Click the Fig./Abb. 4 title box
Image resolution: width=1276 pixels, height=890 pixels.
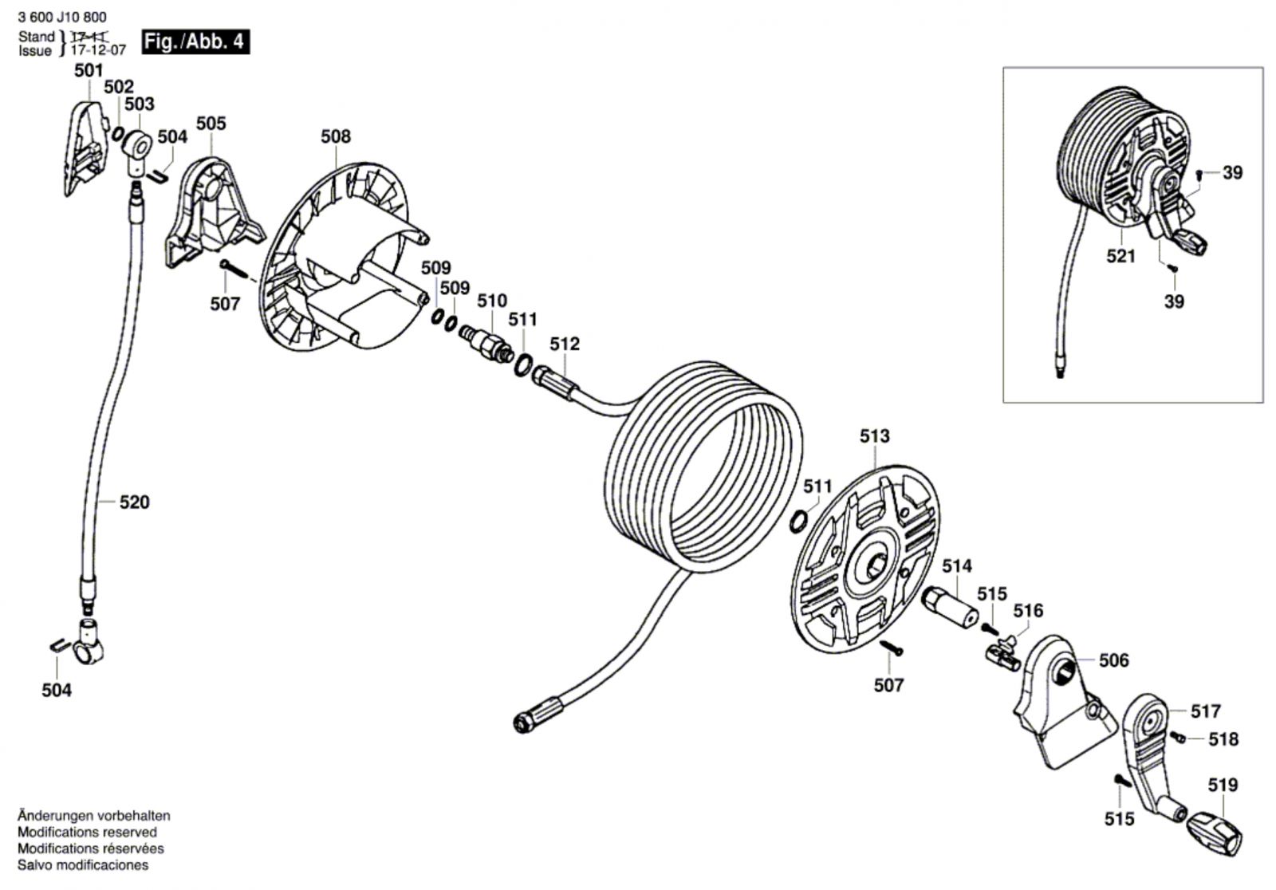click(x=195, y=41)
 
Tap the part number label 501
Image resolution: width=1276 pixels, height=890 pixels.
click(x=89, y=71)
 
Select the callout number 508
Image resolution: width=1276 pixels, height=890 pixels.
click(x=336, y=136)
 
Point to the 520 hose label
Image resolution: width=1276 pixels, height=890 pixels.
click(x=135, y=502)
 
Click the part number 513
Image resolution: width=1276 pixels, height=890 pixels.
click(x=874, y=436)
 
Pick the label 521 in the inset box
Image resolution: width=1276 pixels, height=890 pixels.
click(x=1121, y=257)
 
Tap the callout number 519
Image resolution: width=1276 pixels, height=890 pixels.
click(x=1223, y=786)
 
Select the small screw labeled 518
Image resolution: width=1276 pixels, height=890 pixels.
click(x=1178, y=738)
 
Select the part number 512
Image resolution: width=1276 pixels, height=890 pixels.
click(x=565, y=344)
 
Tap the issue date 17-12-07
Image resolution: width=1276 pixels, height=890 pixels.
click(x=98, y=50)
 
